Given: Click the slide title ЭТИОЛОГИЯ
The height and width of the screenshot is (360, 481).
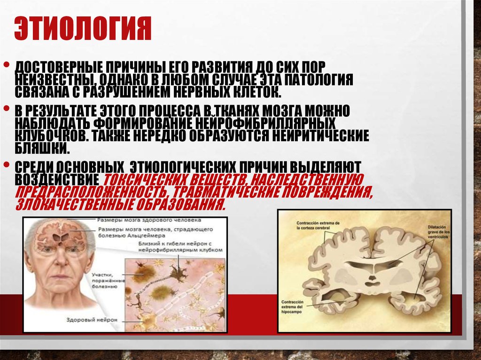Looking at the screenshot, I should point(82,29).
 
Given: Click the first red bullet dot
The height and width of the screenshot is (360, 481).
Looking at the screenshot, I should point(7,64).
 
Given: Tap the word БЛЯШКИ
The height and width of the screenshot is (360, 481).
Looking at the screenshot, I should point(43,148).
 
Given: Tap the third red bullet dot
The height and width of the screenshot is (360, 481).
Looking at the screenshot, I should point(7,165).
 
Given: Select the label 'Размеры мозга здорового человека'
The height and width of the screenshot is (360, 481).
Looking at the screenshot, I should point(149,220).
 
